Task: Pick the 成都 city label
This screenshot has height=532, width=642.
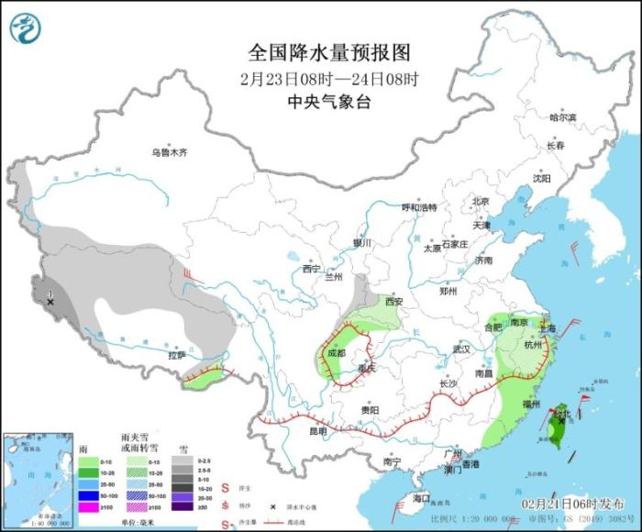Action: tap(335, 352)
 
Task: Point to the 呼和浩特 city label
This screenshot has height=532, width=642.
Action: tap(420, 207)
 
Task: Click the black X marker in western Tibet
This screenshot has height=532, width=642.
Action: tap(50, 301)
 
